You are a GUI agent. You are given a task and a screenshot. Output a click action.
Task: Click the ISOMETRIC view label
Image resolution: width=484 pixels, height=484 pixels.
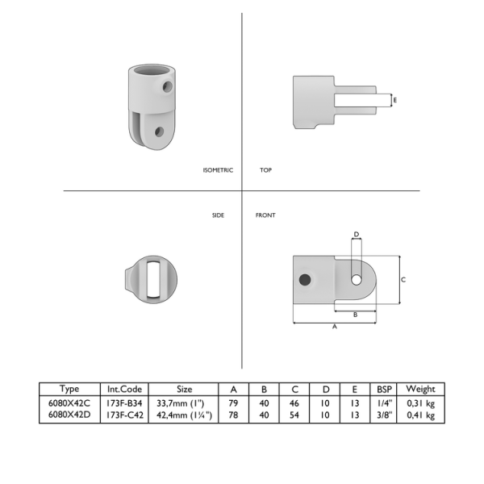pyautogui.click(x=218, y=170)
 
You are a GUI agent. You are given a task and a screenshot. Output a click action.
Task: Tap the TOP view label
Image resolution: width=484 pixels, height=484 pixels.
pyautogui.click(x=265, y=170)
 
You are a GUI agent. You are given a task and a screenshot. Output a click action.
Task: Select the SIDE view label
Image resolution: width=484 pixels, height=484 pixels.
pyautogui.click(x=218, y=215)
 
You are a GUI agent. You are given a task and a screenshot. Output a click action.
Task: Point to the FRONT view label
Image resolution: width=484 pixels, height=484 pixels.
pyautogui.click(x=265, y=215)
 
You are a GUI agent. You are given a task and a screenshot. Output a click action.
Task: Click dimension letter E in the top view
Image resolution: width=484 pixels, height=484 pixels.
pyautogui.click(x=394, y=100)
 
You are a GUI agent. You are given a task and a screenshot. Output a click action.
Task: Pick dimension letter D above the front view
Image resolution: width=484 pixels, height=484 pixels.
pyautogui.click(x=357, y=234)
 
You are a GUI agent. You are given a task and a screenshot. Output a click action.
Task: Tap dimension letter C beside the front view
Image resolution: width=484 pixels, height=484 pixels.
pyautogui.click(x=403, y=280)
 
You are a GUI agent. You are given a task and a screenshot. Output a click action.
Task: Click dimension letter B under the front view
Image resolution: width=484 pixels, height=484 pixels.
pyautogui.click(x=355, y=315)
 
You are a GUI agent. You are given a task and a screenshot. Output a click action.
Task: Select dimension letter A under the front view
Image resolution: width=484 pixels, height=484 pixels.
pyautogui.click(x=335, y=327)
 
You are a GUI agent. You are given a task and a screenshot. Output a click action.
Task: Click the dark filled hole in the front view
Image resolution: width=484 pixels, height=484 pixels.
pyautogui.click(x=305, y=280)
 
